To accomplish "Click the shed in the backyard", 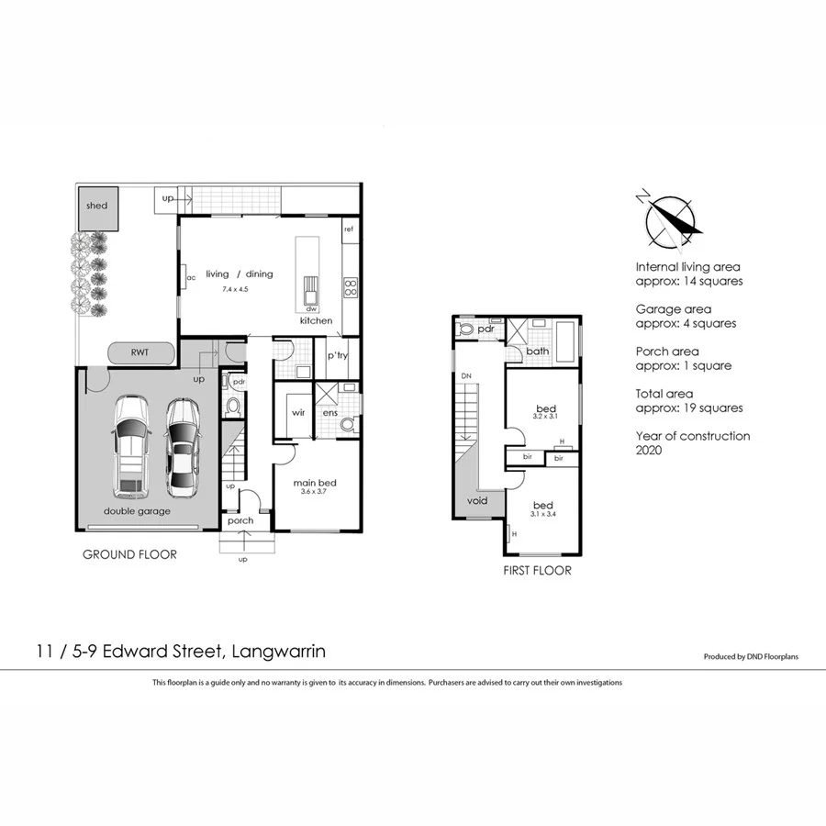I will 96,206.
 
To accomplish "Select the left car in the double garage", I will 129,447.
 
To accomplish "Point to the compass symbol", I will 669,223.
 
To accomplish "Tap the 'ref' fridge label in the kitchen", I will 349,229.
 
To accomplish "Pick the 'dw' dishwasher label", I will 311,309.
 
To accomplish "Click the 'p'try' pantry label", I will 338,355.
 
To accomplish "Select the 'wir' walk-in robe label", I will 298,413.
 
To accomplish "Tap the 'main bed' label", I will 312,483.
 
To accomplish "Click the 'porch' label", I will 240,521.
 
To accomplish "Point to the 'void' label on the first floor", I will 477,501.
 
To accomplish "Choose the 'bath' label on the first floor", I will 538,352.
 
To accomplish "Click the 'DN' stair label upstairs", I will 466,377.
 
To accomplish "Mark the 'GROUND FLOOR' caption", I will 129,554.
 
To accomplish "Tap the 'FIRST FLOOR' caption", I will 537,570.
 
